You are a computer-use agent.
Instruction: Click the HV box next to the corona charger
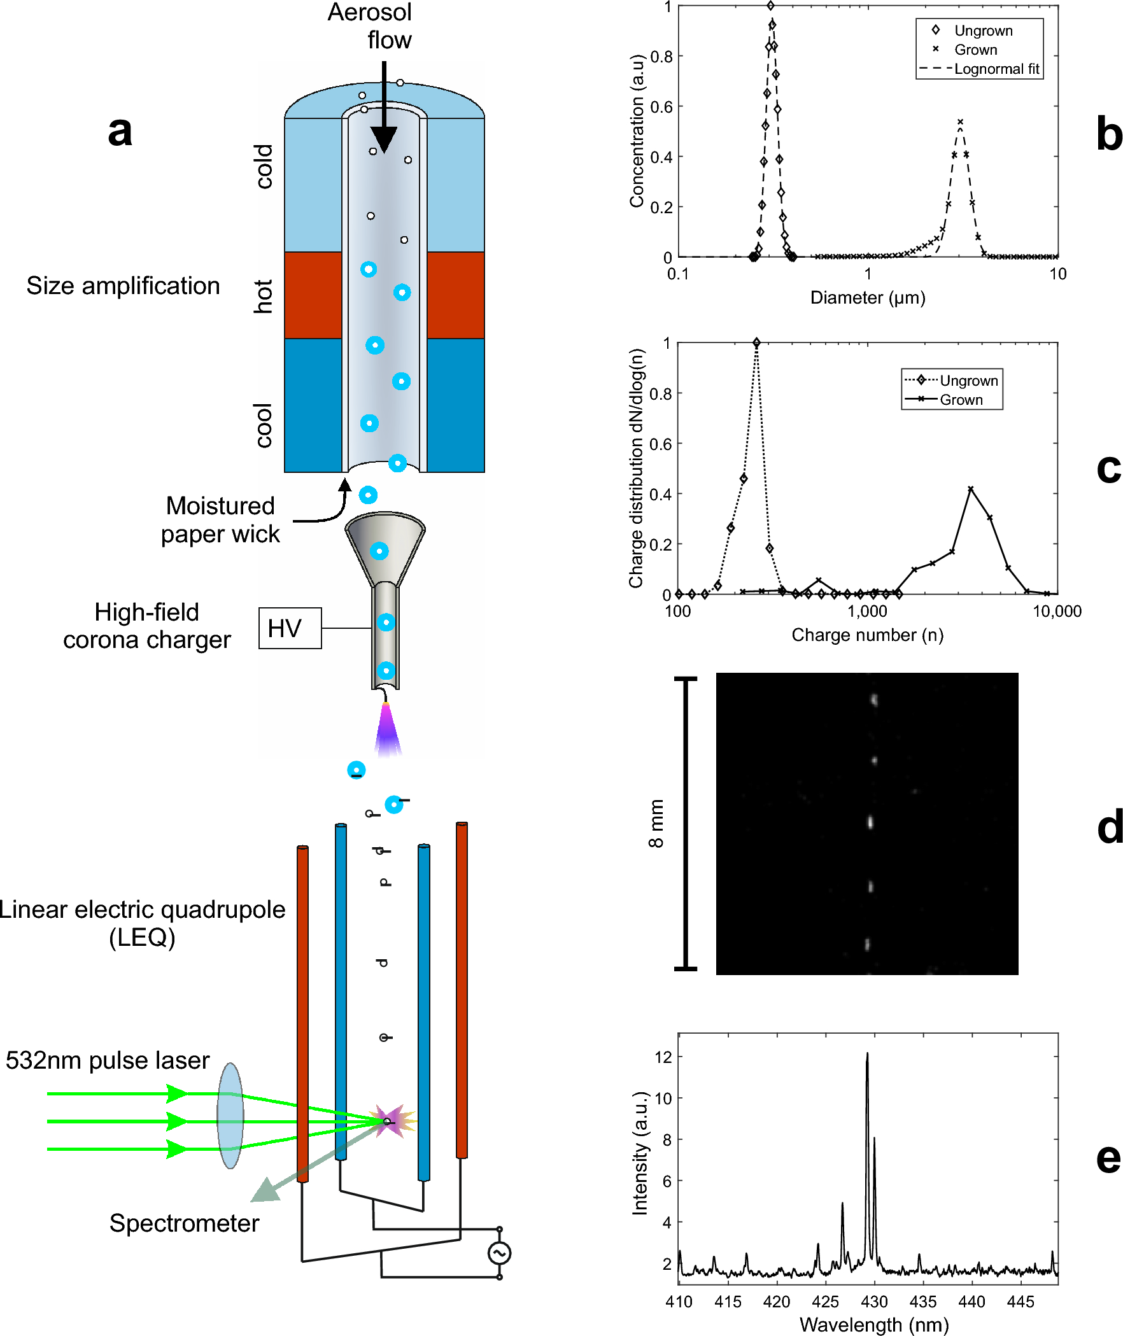coord(290,628)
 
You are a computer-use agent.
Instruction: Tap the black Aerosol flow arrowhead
coord(384,139)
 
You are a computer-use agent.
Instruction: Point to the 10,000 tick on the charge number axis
coord(1057,612)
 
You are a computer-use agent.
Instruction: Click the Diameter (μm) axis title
coord(868,298)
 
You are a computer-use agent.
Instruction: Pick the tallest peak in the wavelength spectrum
coord(867,1054)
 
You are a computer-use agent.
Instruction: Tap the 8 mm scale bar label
coord(656,824)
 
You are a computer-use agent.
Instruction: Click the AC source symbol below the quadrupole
coord(499,1253)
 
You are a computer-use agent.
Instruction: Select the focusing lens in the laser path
coord(230,1115)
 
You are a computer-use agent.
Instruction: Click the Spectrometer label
coord(184,1223)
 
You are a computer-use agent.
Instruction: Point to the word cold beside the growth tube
coord(264,166)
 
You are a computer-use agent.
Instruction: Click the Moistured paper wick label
coord(220,519)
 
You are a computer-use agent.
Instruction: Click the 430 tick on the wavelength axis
coord(874,1302)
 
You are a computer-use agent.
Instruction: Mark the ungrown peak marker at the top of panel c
coord(756,342)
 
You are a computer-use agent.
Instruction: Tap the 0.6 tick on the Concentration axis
coord(661,107)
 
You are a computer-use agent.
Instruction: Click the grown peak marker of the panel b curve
coord(960,122)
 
